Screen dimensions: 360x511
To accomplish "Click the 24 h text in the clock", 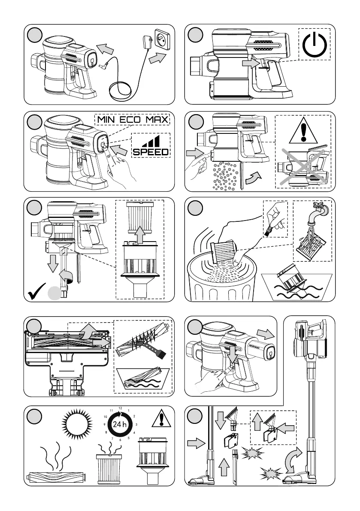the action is pos(120,424).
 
